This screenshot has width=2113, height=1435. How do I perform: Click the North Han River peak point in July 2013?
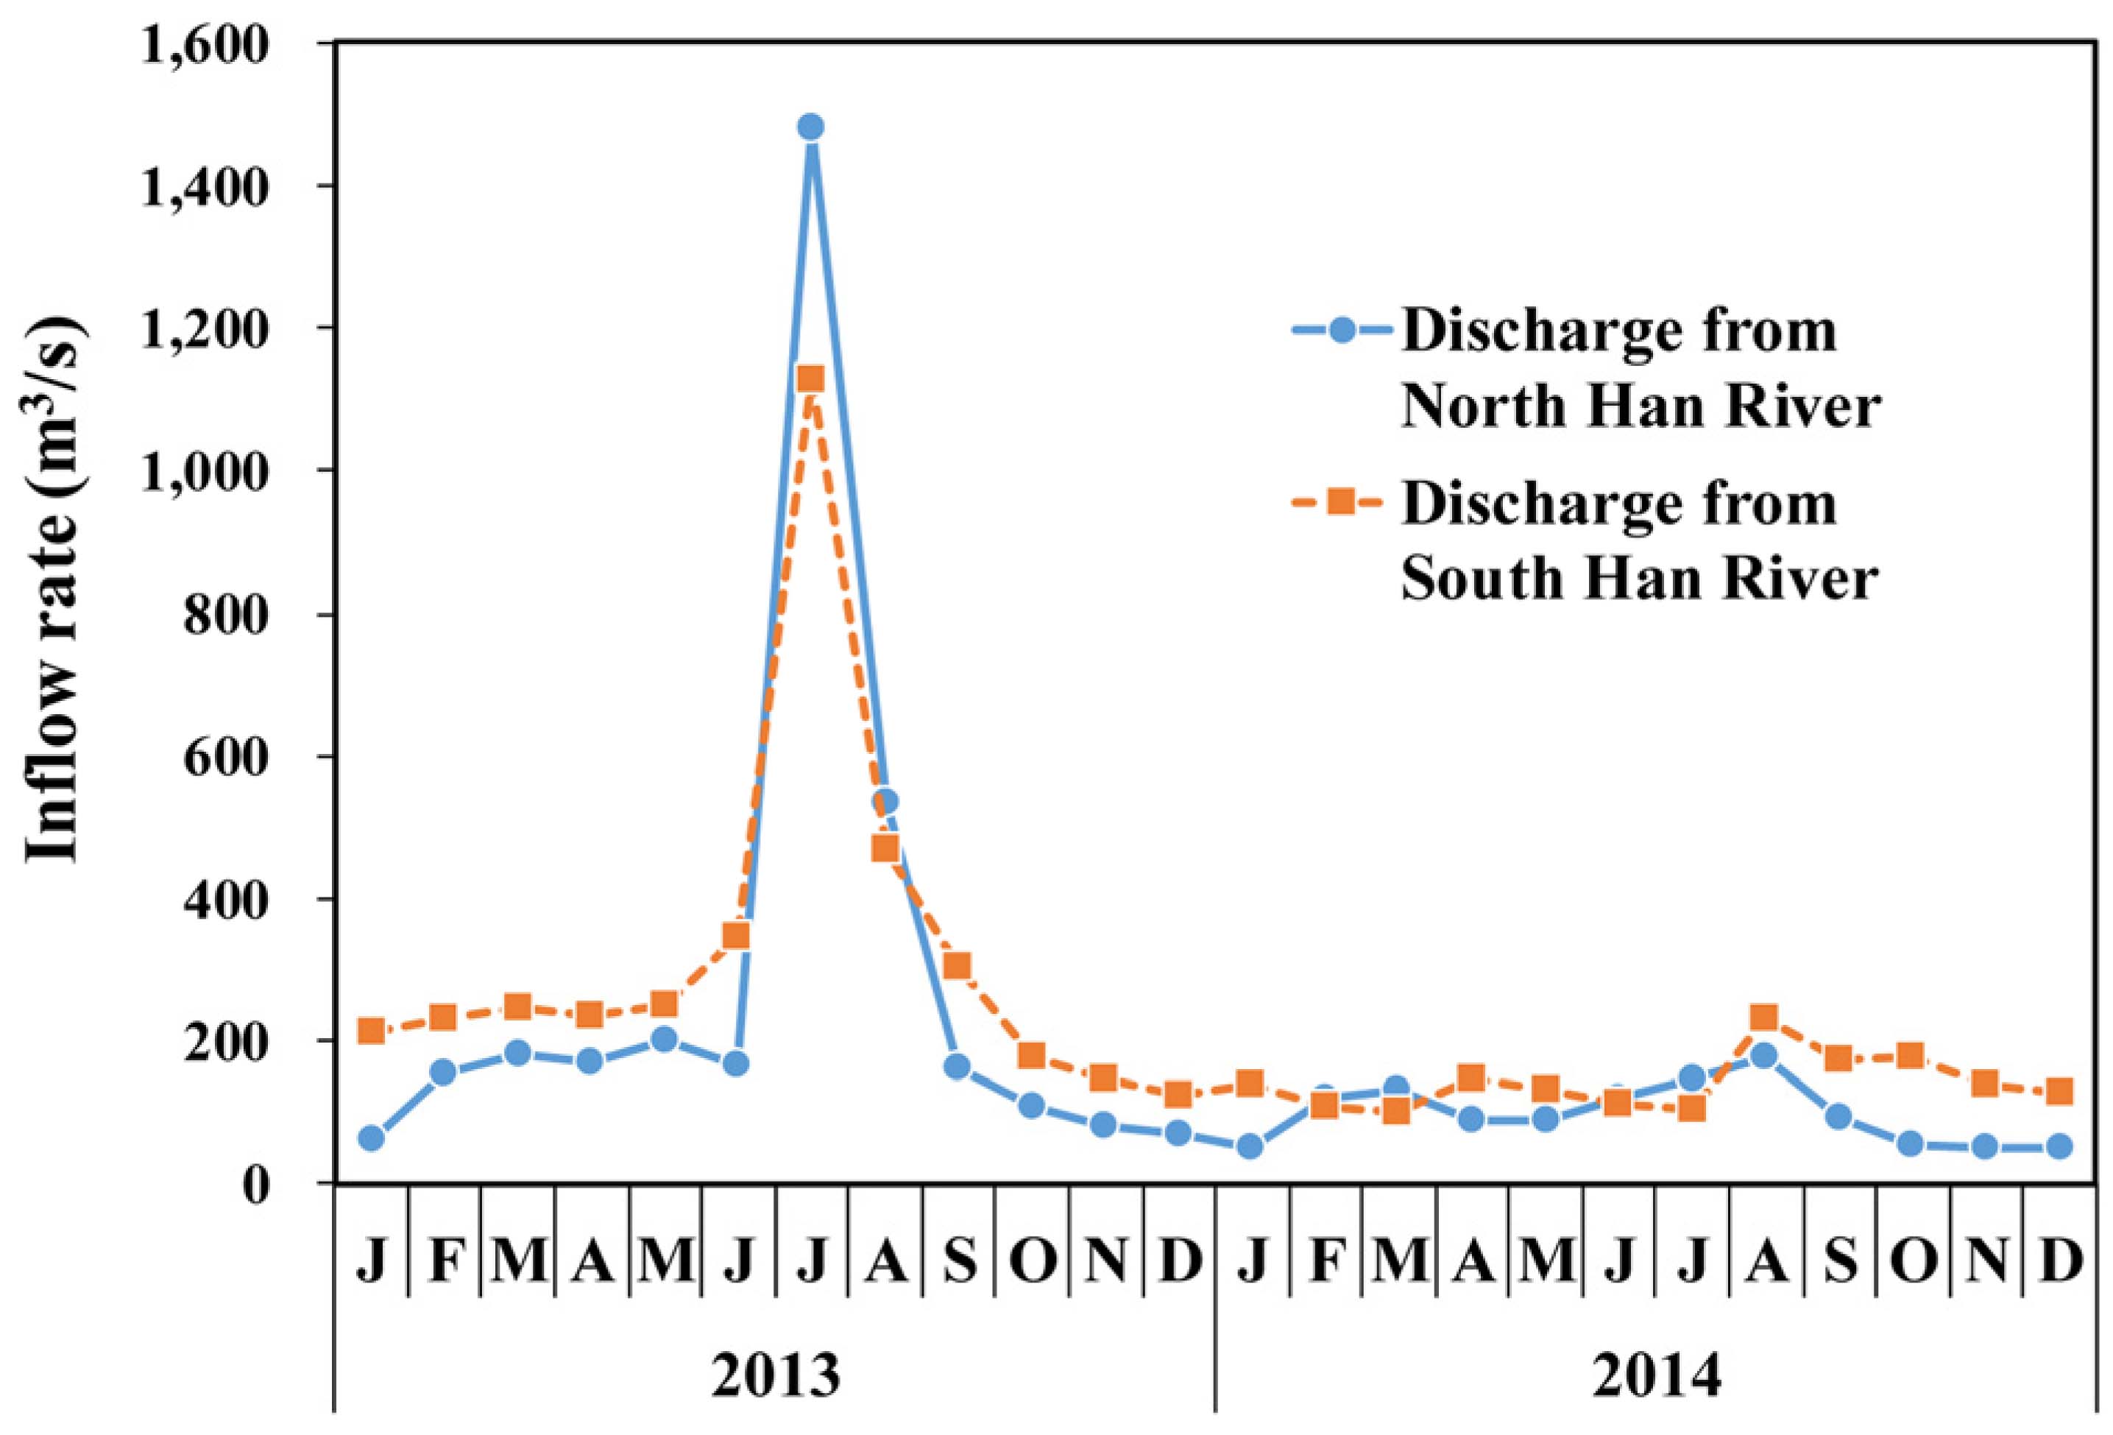click(x=811, y=127)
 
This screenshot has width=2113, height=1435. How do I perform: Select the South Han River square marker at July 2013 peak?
click(x=811, y=379)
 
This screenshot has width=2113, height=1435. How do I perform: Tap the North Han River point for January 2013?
click(x=371, y=1138)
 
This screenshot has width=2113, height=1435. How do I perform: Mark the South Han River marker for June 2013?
click(x=737, y=935)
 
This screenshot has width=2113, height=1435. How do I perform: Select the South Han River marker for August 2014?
click(x=1765, y=1017)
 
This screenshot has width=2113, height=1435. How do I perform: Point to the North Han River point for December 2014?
click(x=2059, y=1146)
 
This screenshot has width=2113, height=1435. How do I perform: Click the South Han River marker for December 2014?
click(x=2059, y=1091)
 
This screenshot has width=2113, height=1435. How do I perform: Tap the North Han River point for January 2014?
click(x=1251, y=1146)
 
